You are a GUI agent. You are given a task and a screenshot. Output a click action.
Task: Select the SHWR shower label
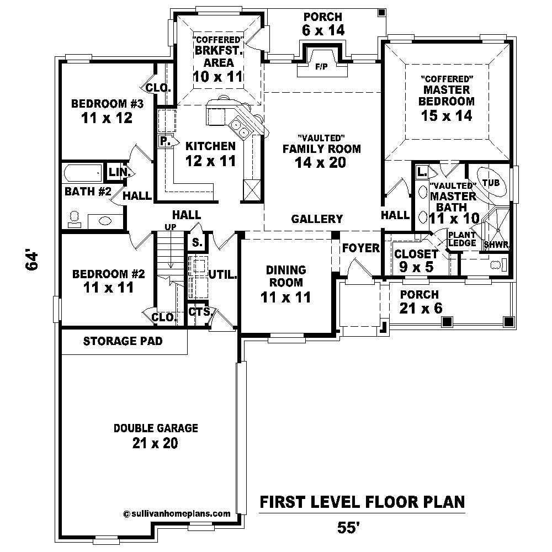point(496,245)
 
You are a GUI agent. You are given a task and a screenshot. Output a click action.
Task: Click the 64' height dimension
point(33,261)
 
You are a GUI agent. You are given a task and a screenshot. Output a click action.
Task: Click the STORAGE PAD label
point(123,341)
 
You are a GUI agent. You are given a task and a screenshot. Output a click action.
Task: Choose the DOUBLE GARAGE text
point(155,428)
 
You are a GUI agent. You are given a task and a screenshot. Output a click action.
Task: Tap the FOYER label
point(360,248)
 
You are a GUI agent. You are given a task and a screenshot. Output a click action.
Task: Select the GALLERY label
point(317,219)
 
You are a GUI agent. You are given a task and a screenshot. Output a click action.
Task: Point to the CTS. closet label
point(199,312)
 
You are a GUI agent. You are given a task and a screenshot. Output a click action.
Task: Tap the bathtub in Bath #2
point(83,174)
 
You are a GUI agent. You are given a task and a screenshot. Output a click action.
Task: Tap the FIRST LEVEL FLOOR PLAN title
point(362,502)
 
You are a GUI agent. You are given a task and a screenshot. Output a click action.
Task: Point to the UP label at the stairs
point(171,227)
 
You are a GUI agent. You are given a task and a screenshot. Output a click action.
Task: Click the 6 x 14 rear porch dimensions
point(323,30)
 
